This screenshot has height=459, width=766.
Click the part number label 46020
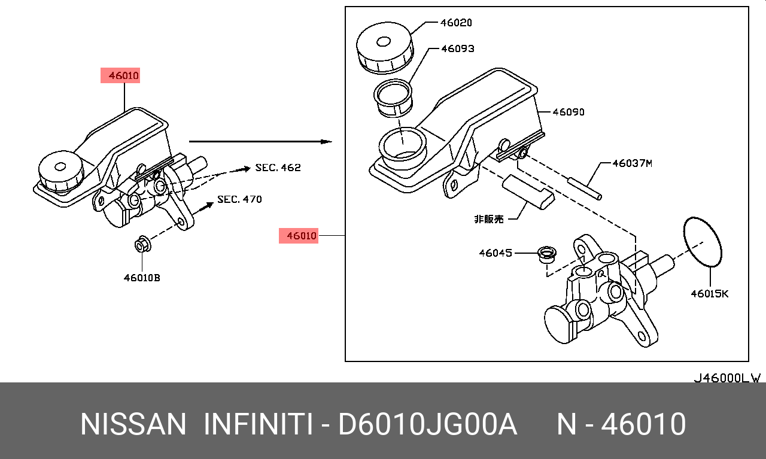[x=456, y=23]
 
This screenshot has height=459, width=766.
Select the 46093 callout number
[x=457, y=48]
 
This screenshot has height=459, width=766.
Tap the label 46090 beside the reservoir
[x=568, y=112]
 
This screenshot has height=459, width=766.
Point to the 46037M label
[x=631, y=163]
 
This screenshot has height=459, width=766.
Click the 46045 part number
[x=495, y=253]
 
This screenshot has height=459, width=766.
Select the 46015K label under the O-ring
[x=709, y=293]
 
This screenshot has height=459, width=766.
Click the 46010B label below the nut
[x=142, y=278]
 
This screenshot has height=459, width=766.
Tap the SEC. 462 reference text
[x=278, y=168]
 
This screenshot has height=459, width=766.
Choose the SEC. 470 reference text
[x=239, y=199]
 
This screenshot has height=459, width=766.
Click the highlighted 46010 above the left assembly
[x=120, y=76]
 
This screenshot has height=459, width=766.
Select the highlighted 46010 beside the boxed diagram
[x=299, y=236]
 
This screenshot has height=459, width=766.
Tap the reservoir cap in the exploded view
[x=385, y=45]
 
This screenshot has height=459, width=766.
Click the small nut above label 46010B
[x=142, y=245]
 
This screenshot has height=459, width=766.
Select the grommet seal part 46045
[x=546, y=254]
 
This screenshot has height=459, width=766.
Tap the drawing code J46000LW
[x=727, y=378]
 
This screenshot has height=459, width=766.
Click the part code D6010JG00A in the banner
[x=427, y=424]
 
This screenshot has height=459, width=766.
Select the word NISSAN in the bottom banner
[x=133, y=424]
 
